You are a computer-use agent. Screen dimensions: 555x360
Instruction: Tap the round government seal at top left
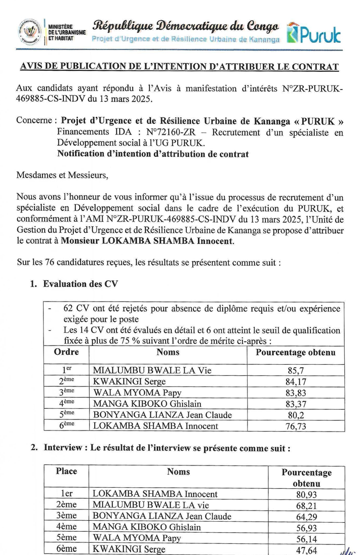[30, 31]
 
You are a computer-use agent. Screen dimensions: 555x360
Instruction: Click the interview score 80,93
[306, 494]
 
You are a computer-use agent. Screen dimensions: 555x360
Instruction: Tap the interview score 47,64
[306, 549]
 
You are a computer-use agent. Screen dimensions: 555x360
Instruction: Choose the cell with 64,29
[306, 516]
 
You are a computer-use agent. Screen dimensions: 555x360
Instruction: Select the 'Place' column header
[66, 472]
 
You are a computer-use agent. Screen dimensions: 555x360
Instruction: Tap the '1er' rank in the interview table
[66, 494]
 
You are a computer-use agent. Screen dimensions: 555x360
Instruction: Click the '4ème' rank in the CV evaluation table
[66, 404]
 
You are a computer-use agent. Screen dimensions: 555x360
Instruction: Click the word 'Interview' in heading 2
[62, 448]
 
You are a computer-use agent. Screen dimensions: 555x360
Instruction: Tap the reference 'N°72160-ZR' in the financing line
[166, 133]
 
